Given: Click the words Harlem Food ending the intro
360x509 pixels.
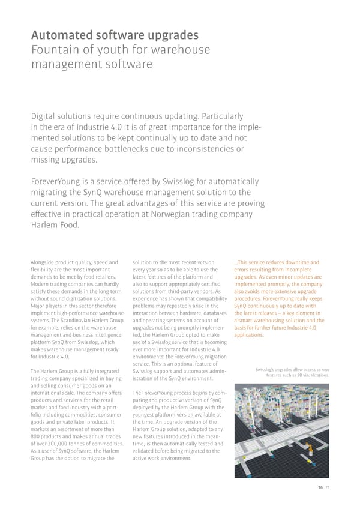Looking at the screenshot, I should (55, 225).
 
